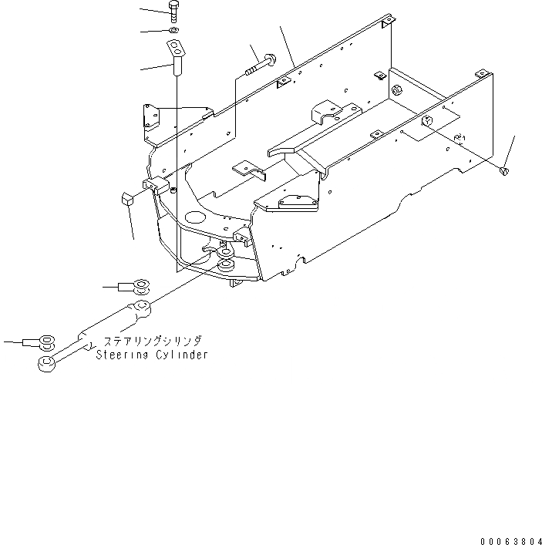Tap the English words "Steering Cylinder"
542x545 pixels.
click(x=152, y=355)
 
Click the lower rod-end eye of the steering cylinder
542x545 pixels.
click(x=46, y=362)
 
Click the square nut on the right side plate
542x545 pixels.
click(x=426, y=120)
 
